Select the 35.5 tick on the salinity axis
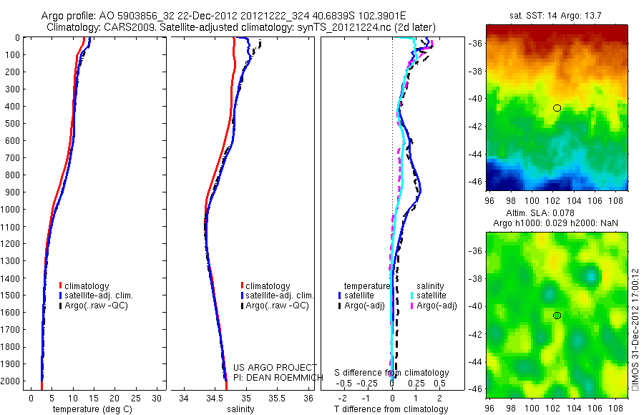coord(278,396)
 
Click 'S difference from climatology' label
coord(392,373)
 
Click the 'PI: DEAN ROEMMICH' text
coord(275,377)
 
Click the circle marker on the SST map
coord(557,108)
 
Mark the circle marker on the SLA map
coord(557,316)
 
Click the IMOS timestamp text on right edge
coord(634,330)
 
